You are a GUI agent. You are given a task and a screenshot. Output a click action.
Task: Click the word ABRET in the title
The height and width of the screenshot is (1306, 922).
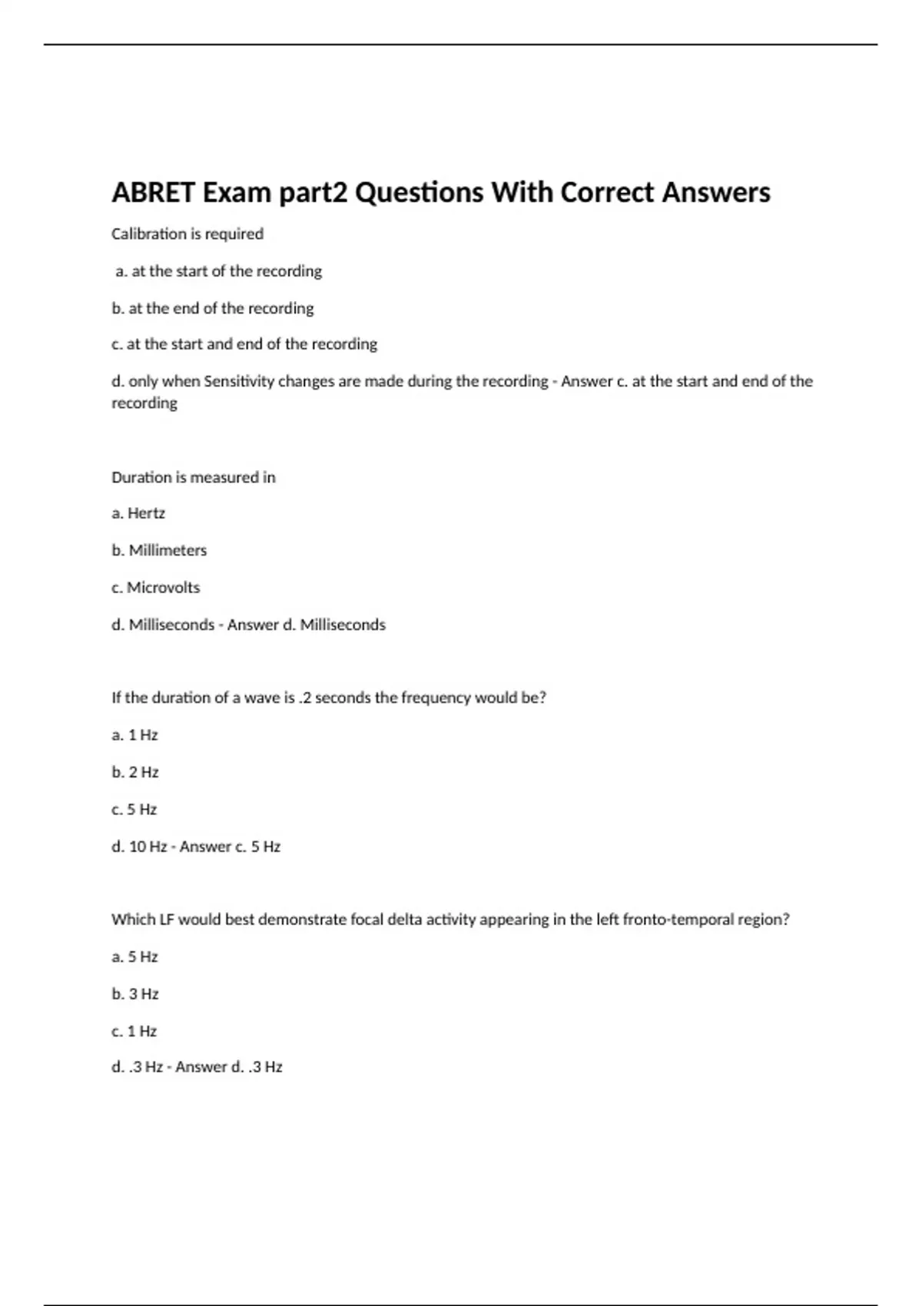tap(153, 192)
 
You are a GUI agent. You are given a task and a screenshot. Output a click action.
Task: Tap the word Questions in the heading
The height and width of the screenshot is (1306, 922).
tap(419, 192)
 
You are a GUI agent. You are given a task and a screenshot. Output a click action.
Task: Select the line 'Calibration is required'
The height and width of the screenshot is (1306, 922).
tap(187, 234)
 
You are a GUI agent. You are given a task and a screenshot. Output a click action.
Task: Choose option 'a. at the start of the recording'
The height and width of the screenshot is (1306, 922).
tap(219, 271)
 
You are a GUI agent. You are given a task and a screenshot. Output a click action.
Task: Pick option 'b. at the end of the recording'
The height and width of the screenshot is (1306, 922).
tap(213, 308)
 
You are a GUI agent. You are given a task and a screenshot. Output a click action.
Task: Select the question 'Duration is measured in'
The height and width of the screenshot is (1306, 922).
tap(194, 477)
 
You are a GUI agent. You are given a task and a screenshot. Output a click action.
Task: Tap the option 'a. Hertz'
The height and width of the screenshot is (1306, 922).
tap(138, 513)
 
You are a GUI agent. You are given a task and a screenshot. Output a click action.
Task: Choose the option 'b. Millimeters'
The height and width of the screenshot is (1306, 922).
tap(159, 550)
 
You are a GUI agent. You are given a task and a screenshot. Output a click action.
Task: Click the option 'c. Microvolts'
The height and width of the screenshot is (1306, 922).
tap(156, 588)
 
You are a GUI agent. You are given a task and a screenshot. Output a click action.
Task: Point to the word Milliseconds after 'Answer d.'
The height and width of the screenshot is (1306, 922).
tap(343, 625)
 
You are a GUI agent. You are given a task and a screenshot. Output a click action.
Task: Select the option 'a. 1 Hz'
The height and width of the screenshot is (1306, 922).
tap(135, 735)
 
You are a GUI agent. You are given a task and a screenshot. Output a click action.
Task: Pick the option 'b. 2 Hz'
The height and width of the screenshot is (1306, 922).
tap(135, 772)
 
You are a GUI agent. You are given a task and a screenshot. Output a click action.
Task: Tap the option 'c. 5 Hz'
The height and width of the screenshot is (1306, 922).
tap(134, 809)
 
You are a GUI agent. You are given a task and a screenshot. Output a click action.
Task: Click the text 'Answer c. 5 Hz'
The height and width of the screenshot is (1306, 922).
tap(230, 847)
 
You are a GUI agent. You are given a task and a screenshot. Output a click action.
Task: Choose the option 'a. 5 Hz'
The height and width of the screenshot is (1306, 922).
tap(135, 956)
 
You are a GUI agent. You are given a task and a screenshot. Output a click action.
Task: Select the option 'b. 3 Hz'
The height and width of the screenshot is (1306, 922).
tap(135, 994)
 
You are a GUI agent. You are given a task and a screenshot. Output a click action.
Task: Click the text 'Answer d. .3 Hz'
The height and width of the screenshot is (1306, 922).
tap(229, 1067)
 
